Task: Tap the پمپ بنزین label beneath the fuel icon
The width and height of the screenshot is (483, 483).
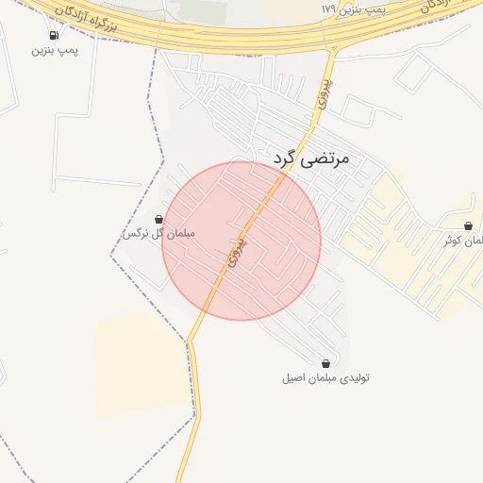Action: (x=55, y=49)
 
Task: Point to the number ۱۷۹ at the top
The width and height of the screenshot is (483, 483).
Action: (x=328, y=8)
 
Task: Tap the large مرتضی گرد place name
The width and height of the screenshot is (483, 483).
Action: (x=311, y=158)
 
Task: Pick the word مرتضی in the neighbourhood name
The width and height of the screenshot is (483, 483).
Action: (x=325, y=158)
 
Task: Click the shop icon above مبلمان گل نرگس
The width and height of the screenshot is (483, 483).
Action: (x=158, y=219)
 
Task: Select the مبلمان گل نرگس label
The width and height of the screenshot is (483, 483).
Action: (x=158, y=233)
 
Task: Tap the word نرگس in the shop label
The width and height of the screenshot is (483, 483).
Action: (x=136, y=233)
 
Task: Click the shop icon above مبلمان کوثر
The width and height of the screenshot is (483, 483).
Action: (x=469, y=225)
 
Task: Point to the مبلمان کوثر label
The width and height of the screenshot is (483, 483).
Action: (x=465, y=240)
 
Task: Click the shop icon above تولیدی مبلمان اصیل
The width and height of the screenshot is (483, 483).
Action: (x=325, y=363)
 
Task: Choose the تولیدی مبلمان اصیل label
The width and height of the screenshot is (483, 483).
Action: (x=325, y=377)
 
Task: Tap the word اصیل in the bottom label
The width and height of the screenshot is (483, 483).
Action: (x=294, y=377)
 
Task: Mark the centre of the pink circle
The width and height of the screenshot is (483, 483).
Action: (x=241, y=241)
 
